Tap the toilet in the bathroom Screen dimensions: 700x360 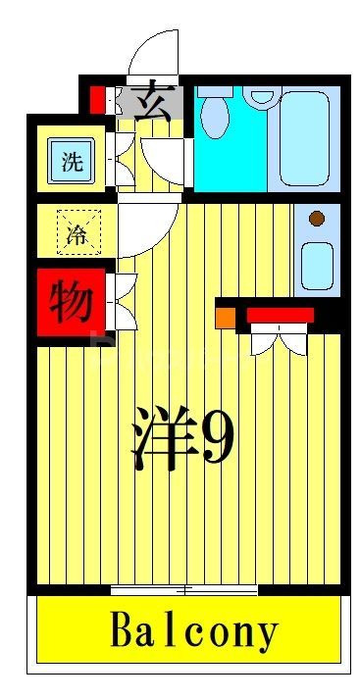(217, 115)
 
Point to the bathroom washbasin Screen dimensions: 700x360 (262, 96)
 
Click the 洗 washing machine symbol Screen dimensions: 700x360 (72, 163)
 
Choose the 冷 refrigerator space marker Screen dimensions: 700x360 (76, 233)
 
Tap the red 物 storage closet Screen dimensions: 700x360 (72, 301)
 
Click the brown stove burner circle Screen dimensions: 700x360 (316, 219)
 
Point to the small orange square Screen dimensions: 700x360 (225, 318)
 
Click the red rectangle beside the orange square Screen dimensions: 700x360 (280, 315)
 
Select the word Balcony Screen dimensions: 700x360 (194, 631)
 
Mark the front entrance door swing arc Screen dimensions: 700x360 (155, 54)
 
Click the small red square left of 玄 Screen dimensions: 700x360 (97, 99)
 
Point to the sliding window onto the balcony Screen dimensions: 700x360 (184, 590)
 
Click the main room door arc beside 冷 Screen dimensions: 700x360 (147, 227)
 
